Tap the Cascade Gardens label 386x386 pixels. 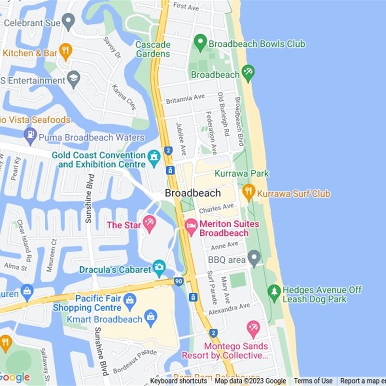[153, 49]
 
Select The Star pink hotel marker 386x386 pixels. [150, 223]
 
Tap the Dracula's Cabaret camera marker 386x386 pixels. [159, 267]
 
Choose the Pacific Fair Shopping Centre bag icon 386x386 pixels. [130, 301]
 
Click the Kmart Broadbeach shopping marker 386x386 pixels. [151, 318]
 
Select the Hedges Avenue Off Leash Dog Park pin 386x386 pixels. [275, 292]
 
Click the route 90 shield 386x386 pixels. [179, 281]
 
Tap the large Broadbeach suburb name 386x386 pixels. [193, 193]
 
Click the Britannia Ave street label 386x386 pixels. [185, 99]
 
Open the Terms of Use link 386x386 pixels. [313, 381]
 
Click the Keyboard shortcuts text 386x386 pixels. [178, 381]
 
